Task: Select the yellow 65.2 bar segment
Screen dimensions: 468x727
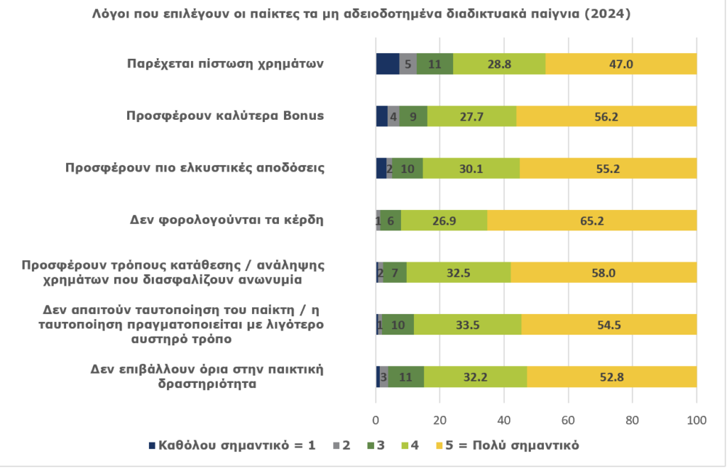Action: (591, 221)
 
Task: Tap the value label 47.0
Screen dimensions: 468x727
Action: (621, 64)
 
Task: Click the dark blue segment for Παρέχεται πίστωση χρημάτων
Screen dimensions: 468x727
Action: (387, 64)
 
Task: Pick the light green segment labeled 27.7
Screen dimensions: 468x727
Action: (471, 116)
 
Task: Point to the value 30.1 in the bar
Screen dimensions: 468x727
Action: (471, 169)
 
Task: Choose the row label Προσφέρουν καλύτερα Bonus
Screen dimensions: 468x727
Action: (225, 115)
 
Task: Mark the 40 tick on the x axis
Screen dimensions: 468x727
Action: (504, 420)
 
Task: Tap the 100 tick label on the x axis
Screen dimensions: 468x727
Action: (696, 420)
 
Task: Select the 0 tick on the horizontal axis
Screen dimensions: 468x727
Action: (376, 420)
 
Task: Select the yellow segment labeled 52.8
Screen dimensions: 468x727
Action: (611, 377)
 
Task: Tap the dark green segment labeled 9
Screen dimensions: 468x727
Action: (413, 116)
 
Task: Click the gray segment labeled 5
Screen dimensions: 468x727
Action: (408, 64)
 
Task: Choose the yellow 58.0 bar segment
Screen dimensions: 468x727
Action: (603, 272)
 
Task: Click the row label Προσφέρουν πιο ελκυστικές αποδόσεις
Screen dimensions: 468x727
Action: (195, 167)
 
